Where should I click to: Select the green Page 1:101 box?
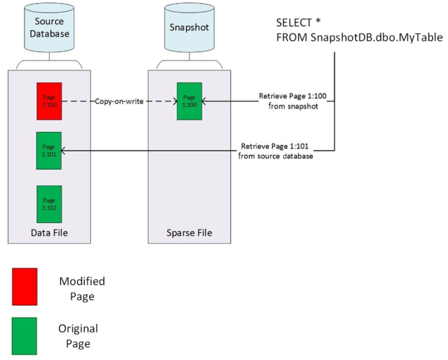pyautogui.click(x=49, y=151)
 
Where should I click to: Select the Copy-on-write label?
pyautogui.click(x=119, y=101)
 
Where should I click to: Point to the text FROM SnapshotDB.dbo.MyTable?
pyautogui.click(x=360, y=37)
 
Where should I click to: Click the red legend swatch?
pyautogui.click(x=25, y=287)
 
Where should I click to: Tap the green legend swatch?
pyautogui.click(x=25, y=335)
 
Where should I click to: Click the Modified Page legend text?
pyautogui.click(x=82, y=289)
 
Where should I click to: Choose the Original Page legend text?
pyautogui.click(x=78, y=336)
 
